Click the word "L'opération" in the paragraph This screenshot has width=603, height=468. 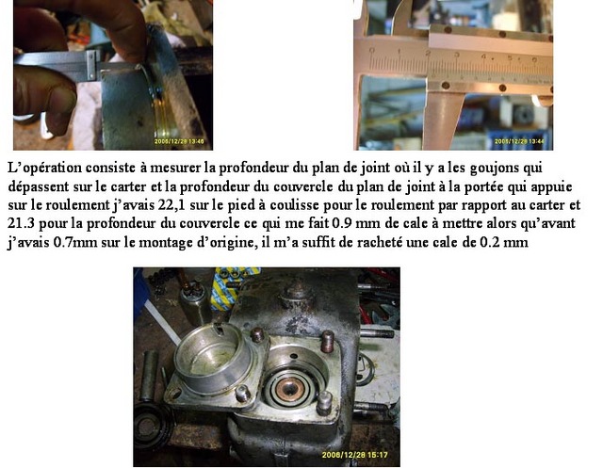pyautogui.click(x=44, y=168)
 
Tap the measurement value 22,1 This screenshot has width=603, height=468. pyautogui.click(x=171, y=204)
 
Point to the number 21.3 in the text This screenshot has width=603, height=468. pyautogui.click(x=22, y=223)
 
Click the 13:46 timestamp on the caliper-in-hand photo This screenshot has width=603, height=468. pyautogui.click(x=194, y=142)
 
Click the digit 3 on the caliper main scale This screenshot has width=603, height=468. pyautogui.click(x=457, y=55)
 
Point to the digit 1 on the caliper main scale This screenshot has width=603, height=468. pyautogui.click(x=400, y=52)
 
